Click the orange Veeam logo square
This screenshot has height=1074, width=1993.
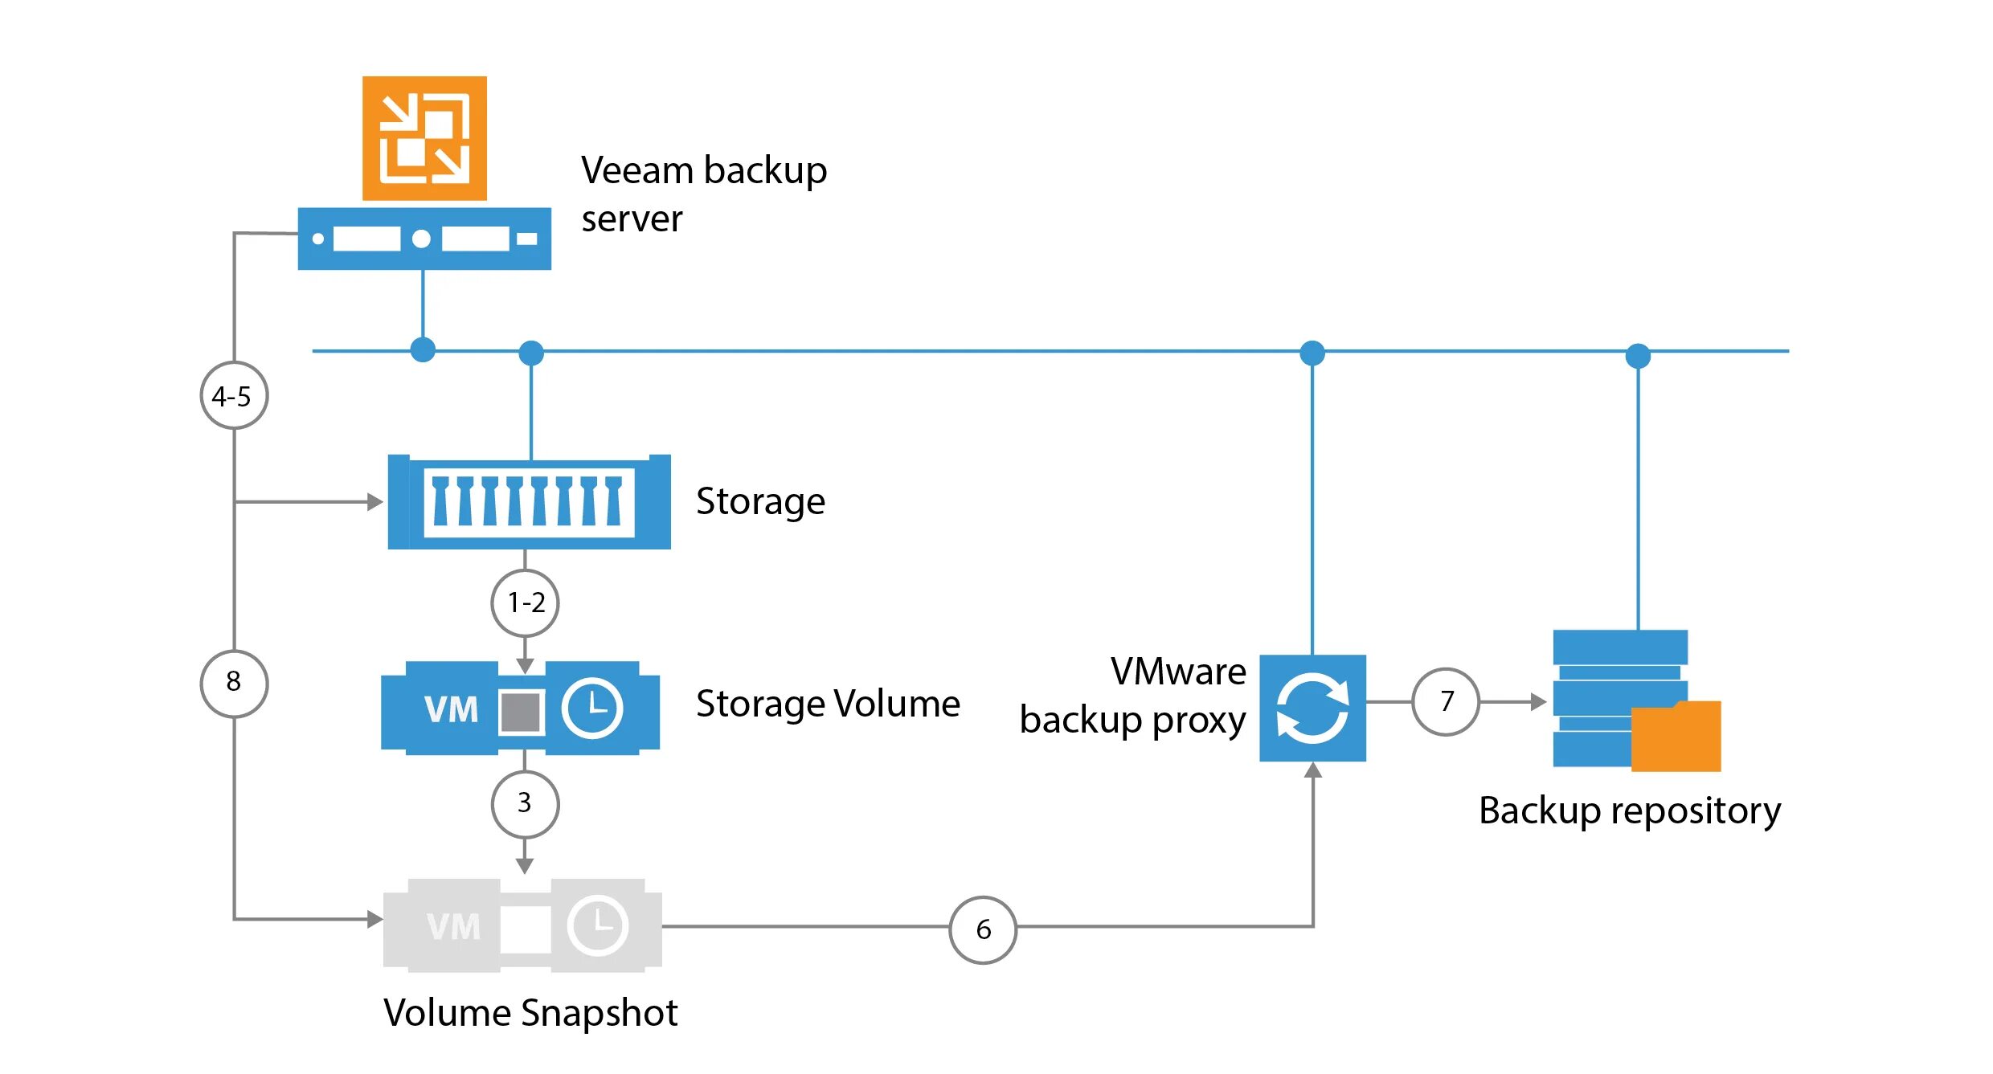click(x=424, y=138)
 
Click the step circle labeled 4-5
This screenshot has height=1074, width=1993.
click(x=234, y=395)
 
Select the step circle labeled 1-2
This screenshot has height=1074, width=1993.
click(x=525, y=602)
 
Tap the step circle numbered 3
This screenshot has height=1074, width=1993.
click(x=525, y=804)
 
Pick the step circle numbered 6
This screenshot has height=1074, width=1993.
click(x=983, y=929)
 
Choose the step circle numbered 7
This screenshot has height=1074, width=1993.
click(x=1446, y=701)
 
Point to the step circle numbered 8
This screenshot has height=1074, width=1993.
click(x=234, y=683)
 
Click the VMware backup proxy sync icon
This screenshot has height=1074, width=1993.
click(x=1312, y=708)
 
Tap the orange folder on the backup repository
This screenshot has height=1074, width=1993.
click(x=1676, y=736)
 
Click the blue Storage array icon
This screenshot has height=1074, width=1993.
click(x=530, y=502)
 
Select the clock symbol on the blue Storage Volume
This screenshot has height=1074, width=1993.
click(x=592, y=708)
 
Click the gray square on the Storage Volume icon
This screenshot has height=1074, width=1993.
click(x=522, y=712)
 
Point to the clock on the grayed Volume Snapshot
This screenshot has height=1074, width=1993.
click(x=598, y=925)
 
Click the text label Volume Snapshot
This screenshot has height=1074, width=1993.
click(x=530, y=1013)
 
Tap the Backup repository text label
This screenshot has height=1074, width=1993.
click(x=1630, y=811)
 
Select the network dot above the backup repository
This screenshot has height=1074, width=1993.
click(x=1638, y=355)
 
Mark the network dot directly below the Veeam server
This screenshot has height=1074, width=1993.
click(x=423, y=349)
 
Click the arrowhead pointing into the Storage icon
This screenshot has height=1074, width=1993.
click(x=375, y=502)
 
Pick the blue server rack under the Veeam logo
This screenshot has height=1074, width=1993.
click(x=424, y=239)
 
